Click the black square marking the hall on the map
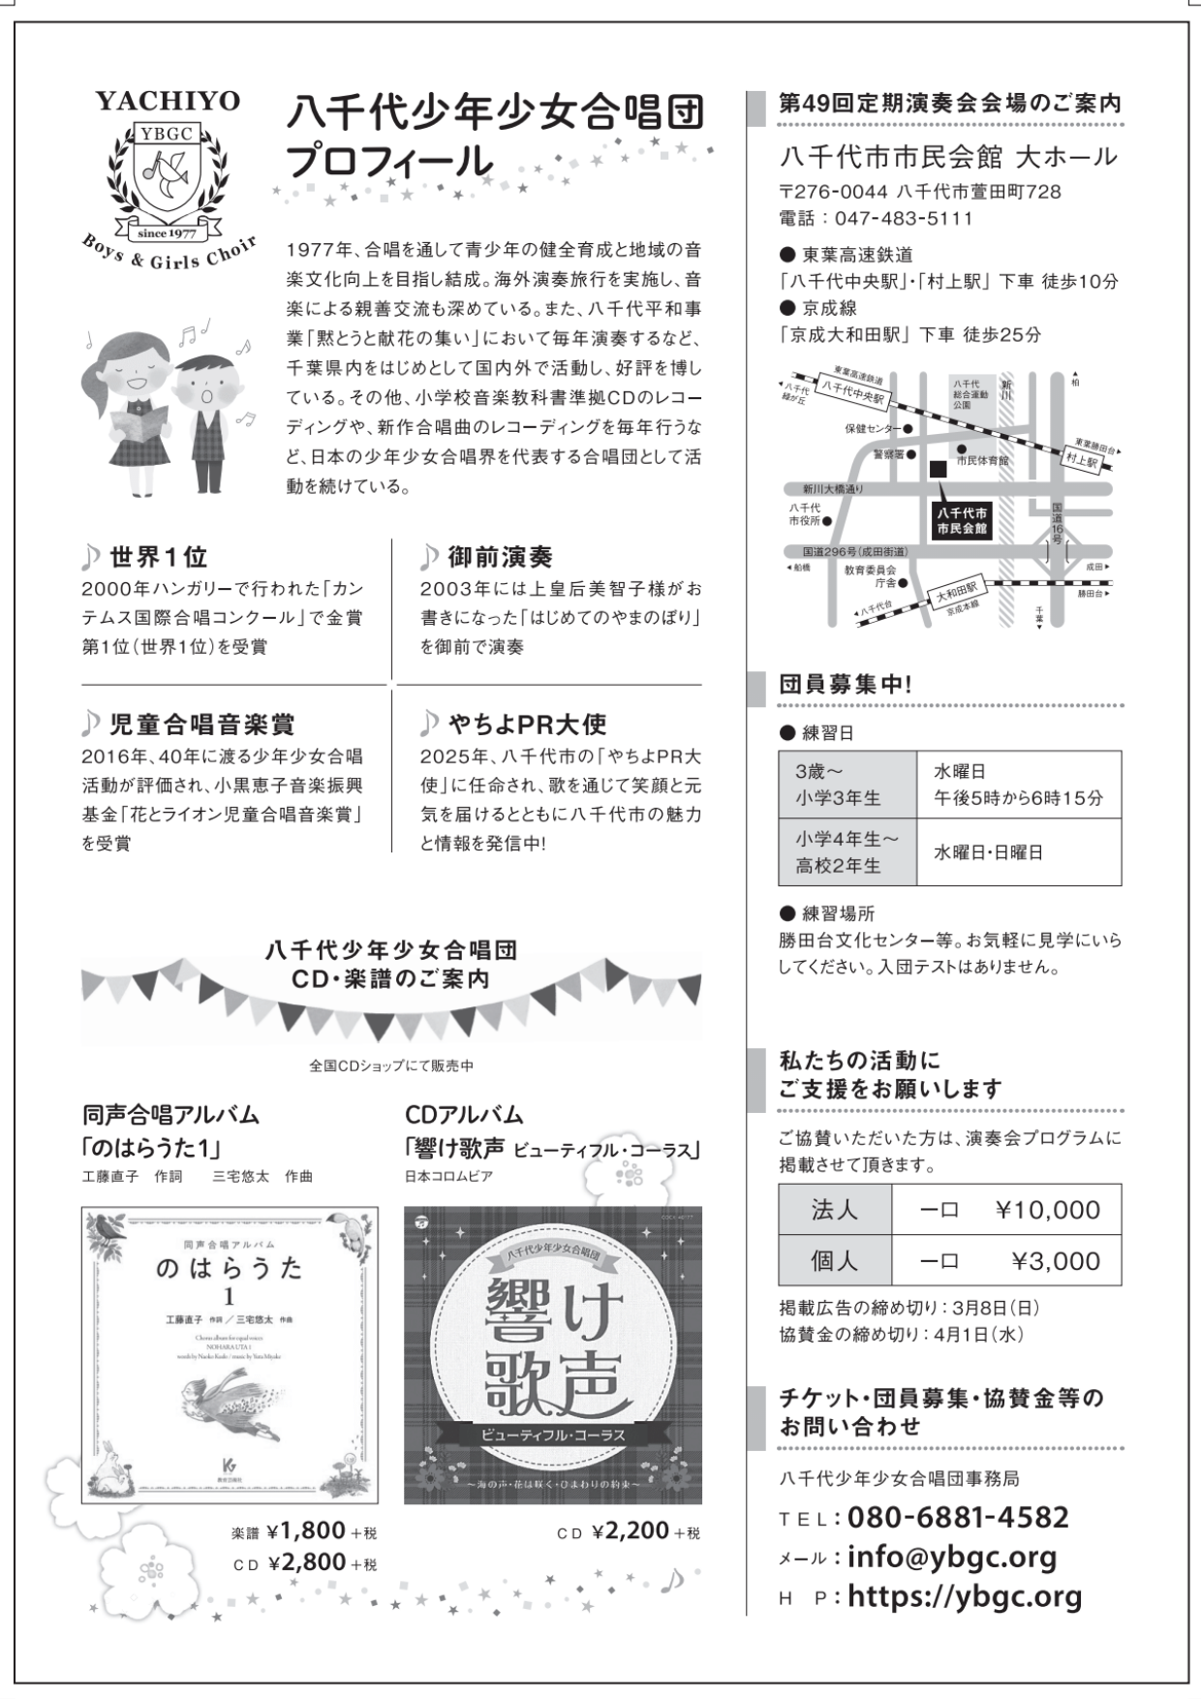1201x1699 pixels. [x=937, y=469]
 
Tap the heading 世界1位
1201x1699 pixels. [x=158, y=557]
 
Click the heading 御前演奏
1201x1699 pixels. [x=500, y=557]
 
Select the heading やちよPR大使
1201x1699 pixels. [x=527, y=724]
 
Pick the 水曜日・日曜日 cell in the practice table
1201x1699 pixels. [x=988, y=852]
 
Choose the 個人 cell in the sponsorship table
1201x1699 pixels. [x=834, y=1261]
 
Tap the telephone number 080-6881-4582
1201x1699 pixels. [x=958, y=1517]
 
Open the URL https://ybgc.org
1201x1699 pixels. [x=965, y=1596]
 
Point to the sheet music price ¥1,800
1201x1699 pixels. [x=306, y=1530]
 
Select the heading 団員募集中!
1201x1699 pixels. [x=846, y=684]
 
